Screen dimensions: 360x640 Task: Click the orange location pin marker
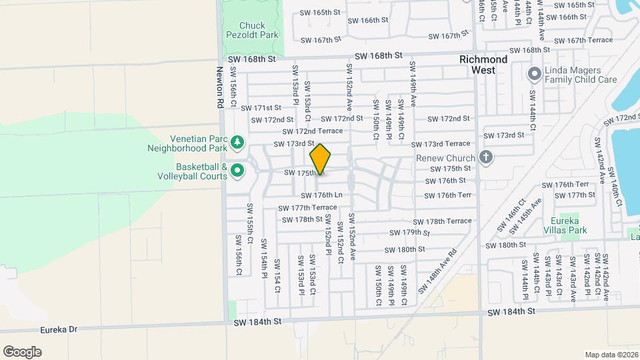pyautogui.click(x=320, y=159)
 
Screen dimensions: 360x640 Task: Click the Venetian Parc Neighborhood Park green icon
pyautogui.click(x=237, y=142)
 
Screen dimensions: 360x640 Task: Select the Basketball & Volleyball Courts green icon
pyautogui.click(x=237, y=172)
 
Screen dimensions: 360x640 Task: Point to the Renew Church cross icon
pyautogui.click(x=486, y=158)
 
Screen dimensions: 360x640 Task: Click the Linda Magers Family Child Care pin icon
pyautogui.click(x=535, y=73)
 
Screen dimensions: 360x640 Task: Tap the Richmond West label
pyautogui.click(x=483, y=64)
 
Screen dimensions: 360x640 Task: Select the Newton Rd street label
pyautogui.click(x=219, y=87)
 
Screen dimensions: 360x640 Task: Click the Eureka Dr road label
pyautogui.click(x=58, y=329)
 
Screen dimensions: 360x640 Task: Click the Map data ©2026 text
pyautogui.click(x=611, y=355)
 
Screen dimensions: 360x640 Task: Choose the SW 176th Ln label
pyautogui.click(x=321, y=195)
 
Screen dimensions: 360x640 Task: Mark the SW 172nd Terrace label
pyautogui.click(x=312, y=131)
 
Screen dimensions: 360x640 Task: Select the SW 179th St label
pyautogui.click(x=411, y=233)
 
